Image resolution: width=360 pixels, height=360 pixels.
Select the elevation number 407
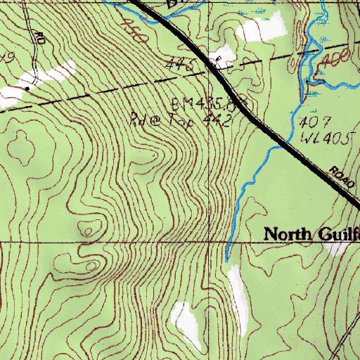tap(309, 125)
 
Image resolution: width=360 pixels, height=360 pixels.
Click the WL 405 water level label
tap(323, 138)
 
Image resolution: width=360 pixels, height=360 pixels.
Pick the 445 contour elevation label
tap(179, 65)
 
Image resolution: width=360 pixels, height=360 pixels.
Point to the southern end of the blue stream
tap(227, 260)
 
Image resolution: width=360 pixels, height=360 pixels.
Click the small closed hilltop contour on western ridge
tap(87, 229)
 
